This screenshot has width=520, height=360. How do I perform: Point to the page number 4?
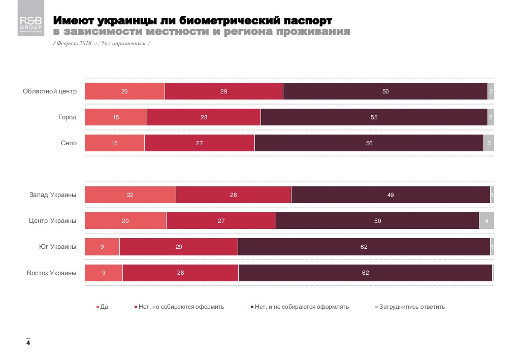pyautogui.click(x=28, y=344)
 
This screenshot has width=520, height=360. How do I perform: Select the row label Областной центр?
pyautogui.click(x=50, y=91)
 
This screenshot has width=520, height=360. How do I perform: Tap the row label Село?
pyautogui.click(x=69, y=143)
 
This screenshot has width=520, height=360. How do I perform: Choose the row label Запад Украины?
pyautogui.click(x=53, y=195)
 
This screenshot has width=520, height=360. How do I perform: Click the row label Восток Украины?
pyautogui.click(x=52, y=273)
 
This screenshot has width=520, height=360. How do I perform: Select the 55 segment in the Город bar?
pyautogui.click(x=374, y=117)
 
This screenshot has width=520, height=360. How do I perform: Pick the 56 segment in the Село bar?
pyautogui.click(x=369, y=143)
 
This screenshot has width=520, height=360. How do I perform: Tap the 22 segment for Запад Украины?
pyautogui.click(x=130, y=195)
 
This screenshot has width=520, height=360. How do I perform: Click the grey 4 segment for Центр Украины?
pyautogui.click(x=486, y=221)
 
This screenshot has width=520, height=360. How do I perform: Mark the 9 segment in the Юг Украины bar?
pyautogui.click(x=102, y=247)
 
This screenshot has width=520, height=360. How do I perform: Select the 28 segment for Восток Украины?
pyautogui.click(x=180, y=273)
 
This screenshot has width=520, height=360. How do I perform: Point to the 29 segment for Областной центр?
pyautogui.click(x=223, y=91)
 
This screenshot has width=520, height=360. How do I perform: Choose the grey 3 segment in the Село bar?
pyautogui.click(x=489, y=143)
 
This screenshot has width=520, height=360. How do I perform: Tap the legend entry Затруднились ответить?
pyautogui.click(x=412, y=307)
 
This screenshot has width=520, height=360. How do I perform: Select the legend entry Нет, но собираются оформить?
pyautogui.click(x=181, y=307)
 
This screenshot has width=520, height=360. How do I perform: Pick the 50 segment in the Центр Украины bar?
pyautogui.click(x=377, y=221)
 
